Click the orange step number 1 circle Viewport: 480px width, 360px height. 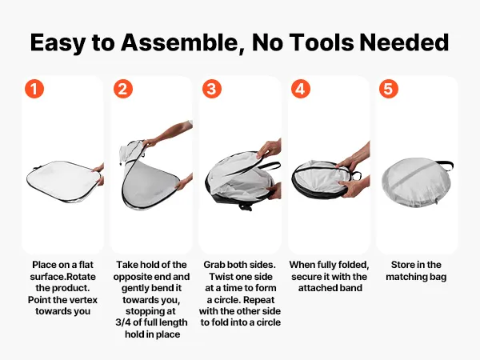pos(34,89)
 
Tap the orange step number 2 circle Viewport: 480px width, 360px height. pos(123,89)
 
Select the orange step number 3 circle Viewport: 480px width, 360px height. pos(212,89)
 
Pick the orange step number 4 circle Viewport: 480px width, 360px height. pos(301,89)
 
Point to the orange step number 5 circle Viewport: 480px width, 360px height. pos(389,89)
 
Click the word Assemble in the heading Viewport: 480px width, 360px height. pos(181,42)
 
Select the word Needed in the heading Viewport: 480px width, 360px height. pos(404,42)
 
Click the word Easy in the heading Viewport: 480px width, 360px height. pos(58,43)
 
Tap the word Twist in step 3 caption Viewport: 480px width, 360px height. pos(220,277)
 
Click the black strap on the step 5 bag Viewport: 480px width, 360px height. pos(445,165)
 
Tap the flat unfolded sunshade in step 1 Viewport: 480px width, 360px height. pos(63,181)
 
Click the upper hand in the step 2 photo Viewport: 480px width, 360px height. pos(168,134)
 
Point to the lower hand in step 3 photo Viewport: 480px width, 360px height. pos(274,190)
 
